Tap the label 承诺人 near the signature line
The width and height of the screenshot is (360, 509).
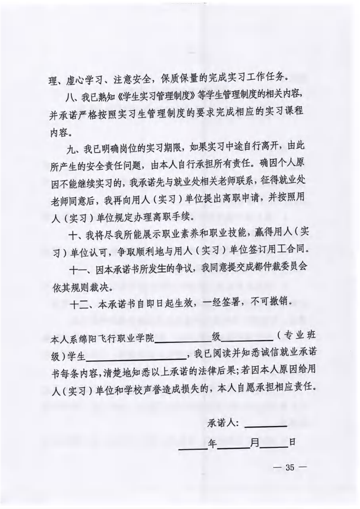pos(223,424)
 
